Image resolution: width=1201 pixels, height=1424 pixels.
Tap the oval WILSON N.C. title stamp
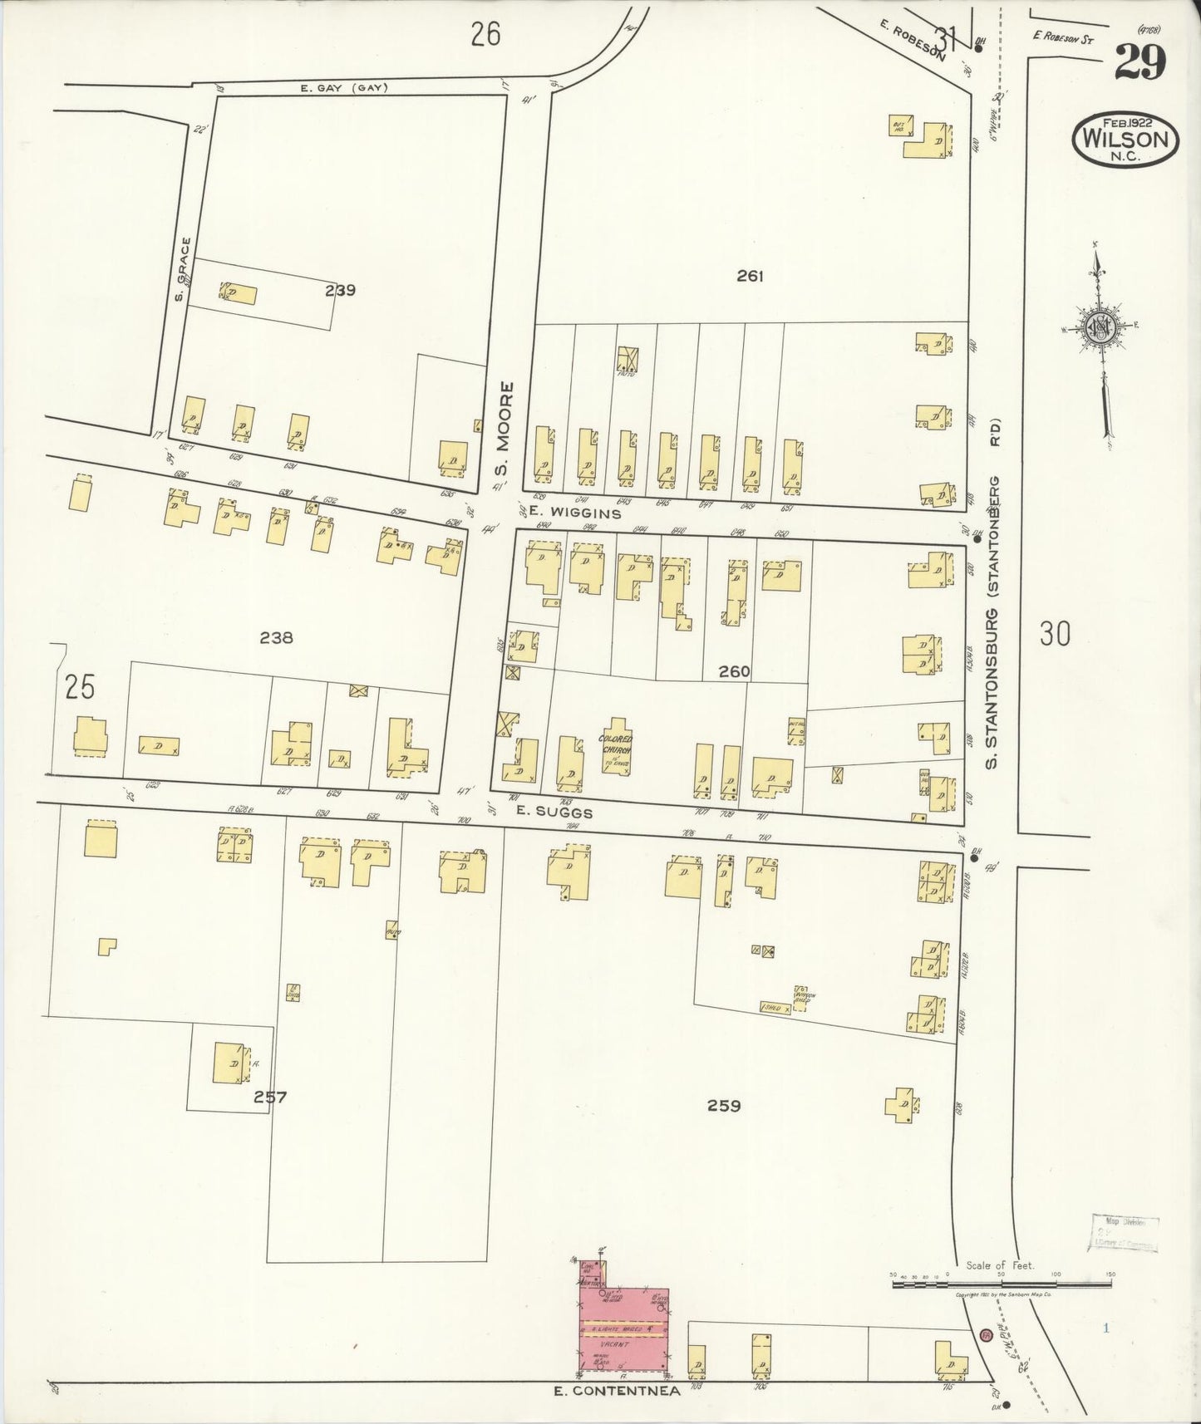tap(1126, 140)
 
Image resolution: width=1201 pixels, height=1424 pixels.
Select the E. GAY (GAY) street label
tap(343, 88)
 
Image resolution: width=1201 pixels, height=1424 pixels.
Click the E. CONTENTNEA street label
tap(617, 1389)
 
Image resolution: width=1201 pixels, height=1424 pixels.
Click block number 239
tap(341, 290)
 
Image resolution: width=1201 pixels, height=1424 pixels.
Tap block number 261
tap(749, 275)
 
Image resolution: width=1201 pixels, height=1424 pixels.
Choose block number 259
tap(723, 1106)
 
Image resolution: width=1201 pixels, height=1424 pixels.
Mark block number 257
tap(270, 1097)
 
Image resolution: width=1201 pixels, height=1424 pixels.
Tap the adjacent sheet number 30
tap(1055, 636)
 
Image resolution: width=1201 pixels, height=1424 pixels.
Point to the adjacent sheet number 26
tap(485, 35)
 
